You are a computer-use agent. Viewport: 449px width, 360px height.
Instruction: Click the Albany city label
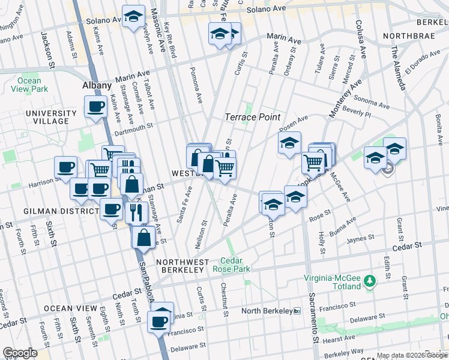(97, 86)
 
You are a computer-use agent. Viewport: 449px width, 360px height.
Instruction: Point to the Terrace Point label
(253, 117)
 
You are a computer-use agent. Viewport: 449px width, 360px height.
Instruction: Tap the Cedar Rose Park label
(231, 265)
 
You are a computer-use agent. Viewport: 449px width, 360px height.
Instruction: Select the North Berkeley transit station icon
(297, 311)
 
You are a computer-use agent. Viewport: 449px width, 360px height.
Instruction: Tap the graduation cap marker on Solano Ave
(133, 16)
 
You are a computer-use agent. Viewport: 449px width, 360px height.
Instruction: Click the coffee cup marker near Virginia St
(159, 321)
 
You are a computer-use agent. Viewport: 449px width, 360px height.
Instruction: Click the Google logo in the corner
(20, 353)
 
